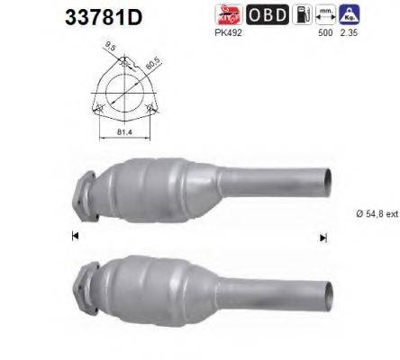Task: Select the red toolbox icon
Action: [227, 14]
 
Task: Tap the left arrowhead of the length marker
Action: [74, 237]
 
